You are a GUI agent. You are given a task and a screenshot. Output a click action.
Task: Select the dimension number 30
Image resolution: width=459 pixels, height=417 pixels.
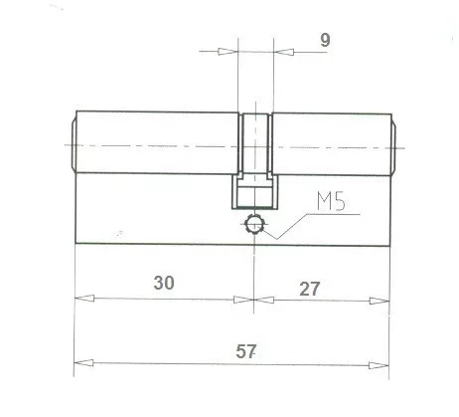tap(164, 282)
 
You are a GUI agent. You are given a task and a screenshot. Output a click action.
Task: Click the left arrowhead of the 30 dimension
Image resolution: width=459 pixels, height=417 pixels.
tap(83, 299)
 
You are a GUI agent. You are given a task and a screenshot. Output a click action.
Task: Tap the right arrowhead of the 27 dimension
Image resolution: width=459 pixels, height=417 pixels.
tap(379, 299)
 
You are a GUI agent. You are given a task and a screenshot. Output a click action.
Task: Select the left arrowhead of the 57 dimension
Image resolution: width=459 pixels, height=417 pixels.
tap(83, 362)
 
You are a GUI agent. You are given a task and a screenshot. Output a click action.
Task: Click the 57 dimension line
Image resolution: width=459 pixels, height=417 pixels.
tap(159, 362)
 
